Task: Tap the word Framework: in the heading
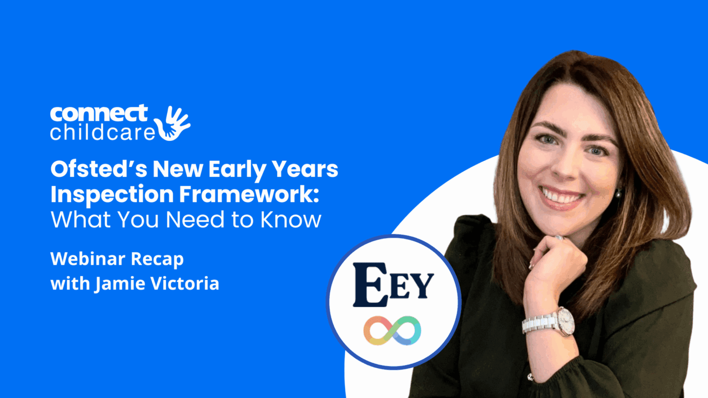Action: [x=249, y=194]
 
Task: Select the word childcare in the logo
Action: [x=102, y=132]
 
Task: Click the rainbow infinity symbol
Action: [x=392, y=331]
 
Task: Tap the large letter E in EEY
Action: [x=370, y=285]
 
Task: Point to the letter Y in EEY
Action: [x=423, y=286]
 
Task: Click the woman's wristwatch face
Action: [x=566, y=321]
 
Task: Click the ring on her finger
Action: [x=559, y=238]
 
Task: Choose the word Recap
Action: [x=157, y=259]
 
